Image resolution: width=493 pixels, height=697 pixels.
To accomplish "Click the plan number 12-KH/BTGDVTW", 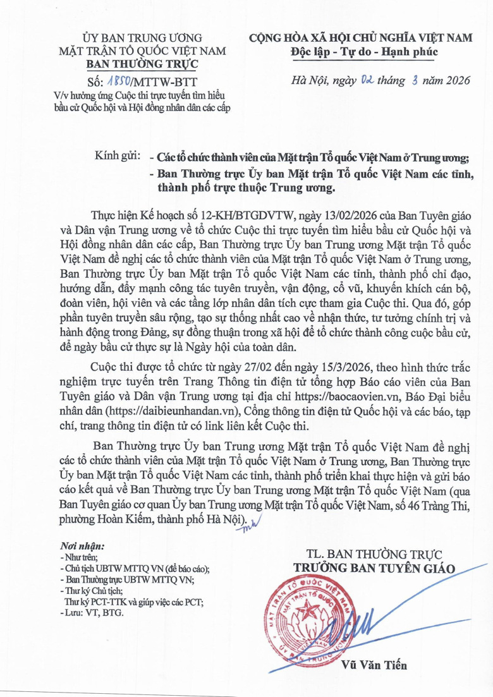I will [x=231, y=217].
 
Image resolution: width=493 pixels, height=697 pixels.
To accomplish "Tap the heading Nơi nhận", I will [x=82, y=545].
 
